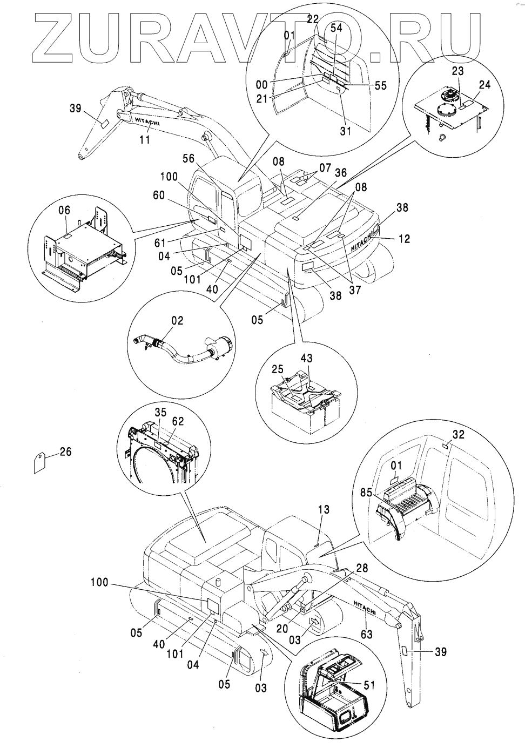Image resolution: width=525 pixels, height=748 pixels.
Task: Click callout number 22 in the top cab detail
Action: (313, 19)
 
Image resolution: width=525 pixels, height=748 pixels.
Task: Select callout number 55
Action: (380, 85)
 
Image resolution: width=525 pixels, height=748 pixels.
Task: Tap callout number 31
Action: (346, 131)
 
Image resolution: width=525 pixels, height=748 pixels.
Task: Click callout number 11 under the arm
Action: (145, 139)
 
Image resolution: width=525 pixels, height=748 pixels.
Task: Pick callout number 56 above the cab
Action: (189, 158)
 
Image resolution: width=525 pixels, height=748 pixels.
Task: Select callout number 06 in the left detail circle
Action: (64, 210)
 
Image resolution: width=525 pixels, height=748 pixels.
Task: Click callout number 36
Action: (341, 173)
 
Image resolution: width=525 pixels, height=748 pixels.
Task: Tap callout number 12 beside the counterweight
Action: (404, 239)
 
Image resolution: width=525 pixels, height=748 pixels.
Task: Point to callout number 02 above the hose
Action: (177, 320)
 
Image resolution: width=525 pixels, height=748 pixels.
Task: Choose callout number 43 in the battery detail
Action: (306, 358)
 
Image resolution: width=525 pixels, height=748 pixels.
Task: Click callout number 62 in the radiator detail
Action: (178, 421)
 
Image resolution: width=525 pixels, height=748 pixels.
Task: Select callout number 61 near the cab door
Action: (160, 243)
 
